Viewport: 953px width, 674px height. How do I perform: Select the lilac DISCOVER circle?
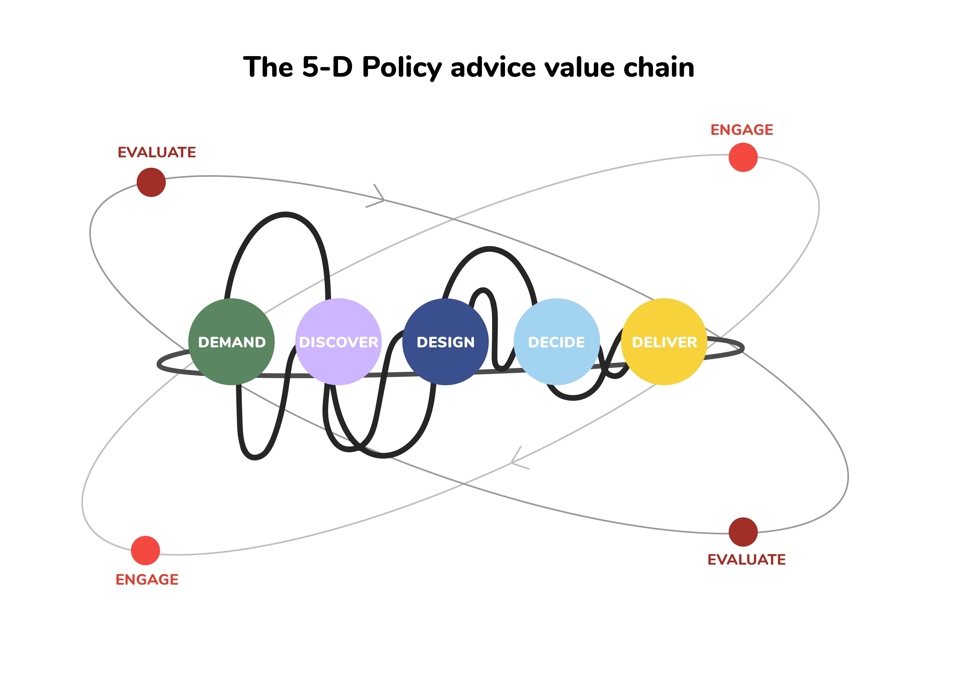coord(338,342)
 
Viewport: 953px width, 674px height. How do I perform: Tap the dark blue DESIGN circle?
coord(445,342)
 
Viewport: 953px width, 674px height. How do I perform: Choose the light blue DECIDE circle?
coord(557,342)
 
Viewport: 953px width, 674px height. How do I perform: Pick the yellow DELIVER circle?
coord(664,342)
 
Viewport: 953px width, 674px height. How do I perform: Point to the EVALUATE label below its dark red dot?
coord(746,559)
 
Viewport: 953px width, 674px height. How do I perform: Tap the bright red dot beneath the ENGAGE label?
coord(743,157)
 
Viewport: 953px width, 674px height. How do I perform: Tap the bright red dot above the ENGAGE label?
coord(145,550)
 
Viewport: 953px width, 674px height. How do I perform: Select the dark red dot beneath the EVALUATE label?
coord(151,182)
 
